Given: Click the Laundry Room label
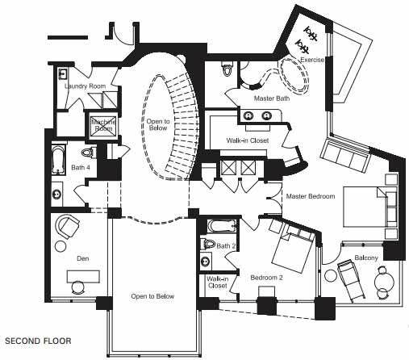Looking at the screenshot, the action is [x=85, y=86].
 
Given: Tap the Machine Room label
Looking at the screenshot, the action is [x=103, y=125].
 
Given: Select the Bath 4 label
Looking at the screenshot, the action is [x=81, y=167].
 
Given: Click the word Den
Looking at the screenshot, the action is [x=83, y=258].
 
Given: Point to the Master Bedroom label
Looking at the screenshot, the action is [x=311, y=196].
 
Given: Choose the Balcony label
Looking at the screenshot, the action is [x=366, y=257].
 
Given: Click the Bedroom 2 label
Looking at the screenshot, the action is [x=266, y=278].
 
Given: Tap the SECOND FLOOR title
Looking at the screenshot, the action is [x=38, y=341].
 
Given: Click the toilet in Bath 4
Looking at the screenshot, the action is [x=89, y=153].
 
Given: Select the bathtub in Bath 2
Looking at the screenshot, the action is [x=222, y=226].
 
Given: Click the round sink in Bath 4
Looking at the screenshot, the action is [x=56, y=194].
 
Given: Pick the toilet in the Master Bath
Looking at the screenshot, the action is [x=227, y=69].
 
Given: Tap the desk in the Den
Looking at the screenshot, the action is [x=83, y=277].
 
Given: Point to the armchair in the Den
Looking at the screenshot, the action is [x=67, y=227].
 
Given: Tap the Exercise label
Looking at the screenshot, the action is [x=312, y=60].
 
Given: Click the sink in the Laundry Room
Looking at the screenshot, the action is [x=63, y=73].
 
